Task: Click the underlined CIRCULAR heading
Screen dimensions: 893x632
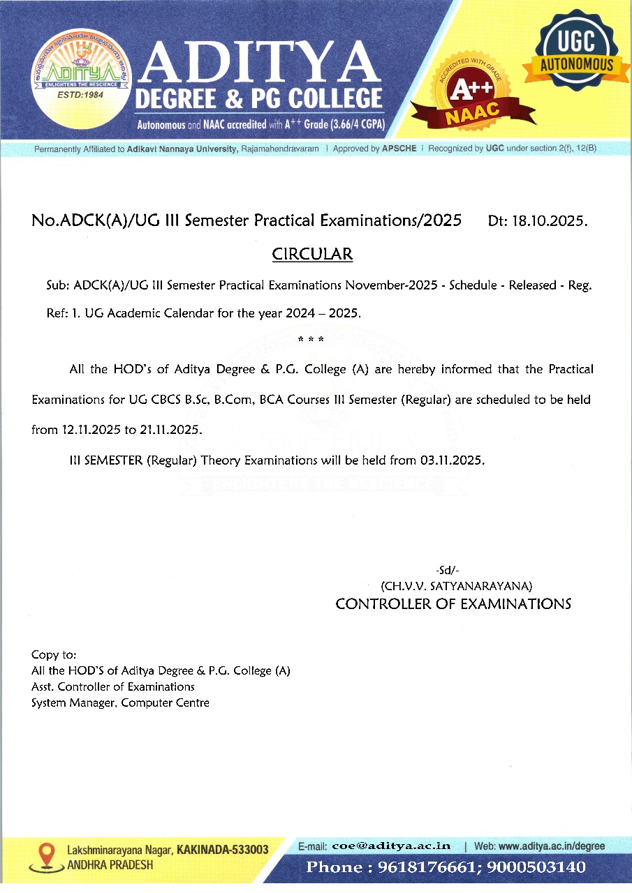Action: [x=312, y=254]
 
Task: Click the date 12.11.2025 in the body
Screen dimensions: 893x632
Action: [x=91, y=430]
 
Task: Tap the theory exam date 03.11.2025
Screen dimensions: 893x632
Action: [x=451, y=460]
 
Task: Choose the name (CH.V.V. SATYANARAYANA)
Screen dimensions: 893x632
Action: [x=457, y=585]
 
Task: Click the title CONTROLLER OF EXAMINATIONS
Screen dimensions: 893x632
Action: [x=453, y=604]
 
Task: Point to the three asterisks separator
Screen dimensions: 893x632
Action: [x=310, y=340]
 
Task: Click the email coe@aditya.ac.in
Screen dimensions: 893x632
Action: [x=391, y=846]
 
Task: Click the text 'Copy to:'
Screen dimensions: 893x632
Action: [x=54, y=655]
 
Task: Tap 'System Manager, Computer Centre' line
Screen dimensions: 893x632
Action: [x=120, y=703]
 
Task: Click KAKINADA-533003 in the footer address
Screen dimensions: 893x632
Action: [x=223, y=850]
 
